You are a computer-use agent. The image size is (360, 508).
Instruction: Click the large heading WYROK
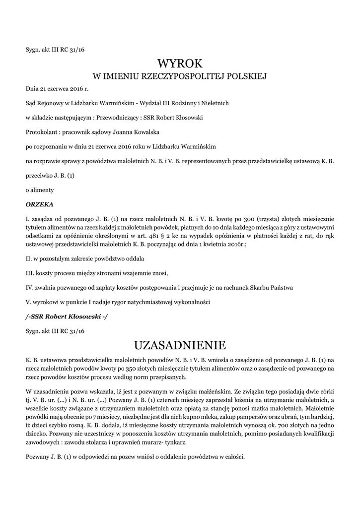tap(180, 63)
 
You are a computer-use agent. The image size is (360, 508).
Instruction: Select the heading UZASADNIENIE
tap(180, 345)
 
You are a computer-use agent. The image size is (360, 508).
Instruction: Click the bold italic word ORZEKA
tap(39, 204)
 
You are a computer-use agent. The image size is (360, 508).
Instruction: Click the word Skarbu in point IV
tap(258, 287)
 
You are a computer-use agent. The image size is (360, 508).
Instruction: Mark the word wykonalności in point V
tap(194, 302)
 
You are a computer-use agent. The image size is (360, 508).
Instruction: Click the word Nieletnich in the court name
tap(214, 103)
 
